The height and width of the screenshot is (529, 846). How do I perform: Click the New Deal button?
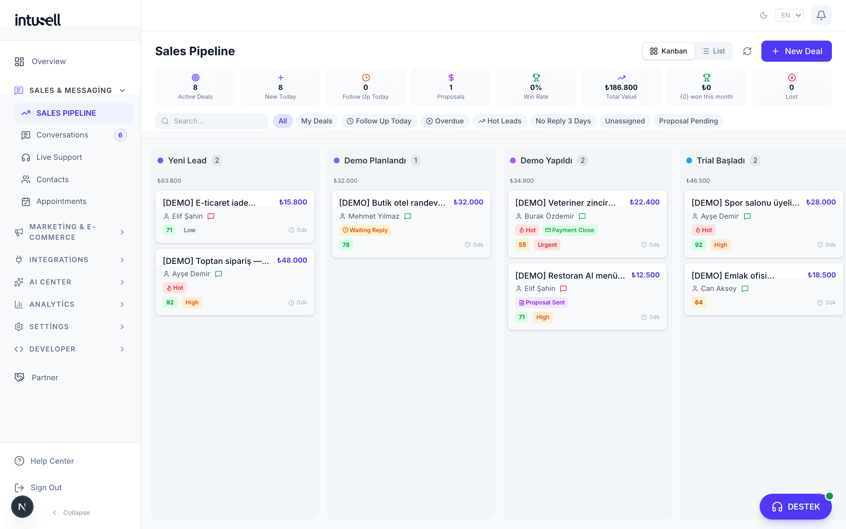point(796,51)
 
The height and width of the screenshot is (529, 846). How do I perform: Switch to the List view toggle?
point(713,51)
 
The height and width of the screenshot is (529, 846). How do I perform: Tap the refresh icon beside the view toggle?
point(747,51)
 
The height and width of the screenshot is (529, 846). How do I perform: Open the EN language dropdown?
point(789,15)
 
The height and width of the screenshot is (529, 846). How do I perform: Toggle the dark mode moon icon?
point(763,15)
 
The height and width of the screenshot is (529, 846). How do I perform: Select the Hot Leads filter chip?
point(500,121)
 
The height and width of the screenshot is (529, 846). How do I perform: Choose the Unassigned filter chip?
point(625,121)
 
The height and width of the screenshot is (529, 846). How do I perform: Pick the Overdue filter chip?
point(445,121)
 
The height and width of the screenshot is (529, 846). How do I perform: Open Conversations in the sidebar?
point(62,135)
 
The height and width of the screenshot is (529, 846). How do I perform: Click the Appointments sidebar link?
point(61,202)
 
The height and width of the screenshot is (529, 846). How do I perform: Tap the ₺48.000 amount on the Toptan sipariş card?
point(292,260)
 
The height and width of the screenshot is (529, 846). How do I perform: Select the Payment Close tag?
point(570,230)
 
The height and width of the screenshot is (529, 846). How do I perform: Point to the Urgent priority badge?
point(547,245)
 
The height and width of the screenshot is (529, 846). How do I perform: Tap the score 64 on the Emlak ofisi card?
point(699,303)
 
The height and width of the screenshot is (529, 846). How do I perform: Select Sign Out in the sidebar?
point(46,488)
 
